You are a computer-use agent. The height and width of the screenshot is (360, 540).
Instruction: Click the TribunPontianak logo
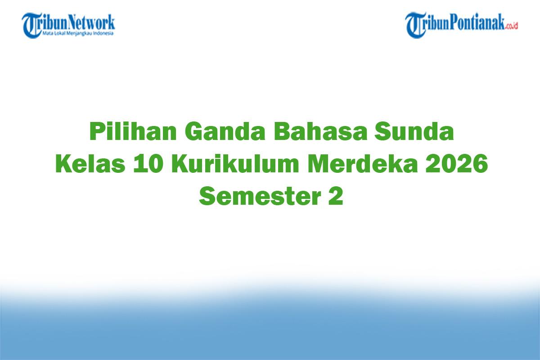tap(462, 25)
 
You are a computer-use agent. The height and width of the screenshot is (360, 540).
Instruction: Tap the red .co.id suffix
tap(512, 26)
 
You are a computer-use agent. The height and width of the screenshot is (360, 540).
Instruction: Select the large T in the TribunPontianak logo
tap(414, 25)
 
